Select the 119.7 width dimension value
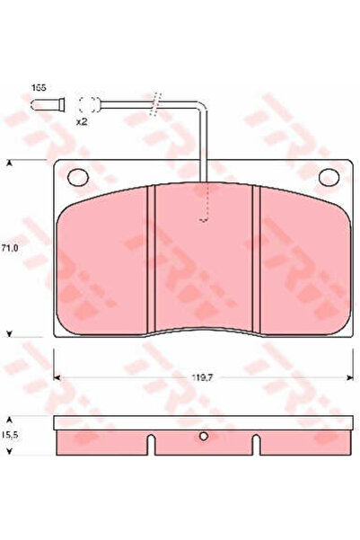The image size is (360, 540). pyautogui.click(x=203, y=377)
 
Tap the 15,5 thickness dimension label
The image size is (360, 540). pyautogui.click(x=10, y=435)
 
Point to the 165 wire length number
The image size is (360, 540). pyautogui.click(x=39, y=87)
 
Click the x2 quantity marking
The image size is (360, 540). pyautogui.click(x=81, y=121)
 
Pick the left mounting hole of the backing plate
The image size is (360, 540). pyautogui.click(x=78, y=177)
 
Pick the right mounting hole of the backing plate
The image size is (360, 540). pyautogui.click(x=329, y=177)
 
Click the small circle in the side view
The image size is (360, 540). pyautogui.click(x=204, y=437)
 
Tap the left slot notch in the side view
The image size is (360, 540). pyautogui.click(x=152, y=445)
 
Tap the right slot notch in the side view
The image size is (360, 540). pyautogui.click(x=257, y=445)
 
